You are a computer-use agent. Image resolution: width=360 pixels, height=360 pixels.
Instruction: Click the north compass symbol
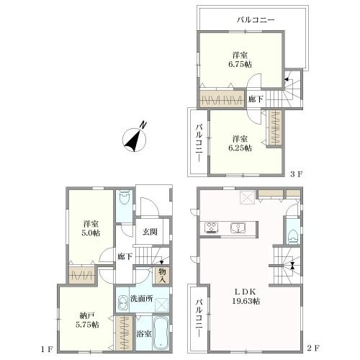[134, 140]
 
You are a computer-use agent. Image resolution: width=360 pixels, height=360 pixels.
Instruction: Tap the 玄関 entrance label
[150, 232]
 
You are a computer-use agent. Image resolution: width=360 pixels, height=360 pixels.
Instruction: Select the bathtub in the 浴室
[161, 333]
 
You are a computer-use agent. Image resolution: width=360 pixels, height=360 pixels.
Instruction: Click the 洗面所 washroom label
[142, 299]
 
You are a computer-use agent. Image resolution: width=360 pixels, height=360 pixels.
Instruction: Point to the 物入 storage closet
[162, 275]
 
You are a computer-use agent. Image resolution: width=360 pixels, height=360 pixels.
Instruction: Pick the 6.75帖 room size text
[240, 64]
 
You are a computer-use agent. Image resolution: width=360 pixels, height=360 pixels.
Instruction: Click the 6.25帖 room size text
[240, 148]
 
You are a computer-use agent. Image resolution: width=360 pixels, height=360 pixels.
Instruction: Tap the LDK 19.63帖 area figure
[246, 301]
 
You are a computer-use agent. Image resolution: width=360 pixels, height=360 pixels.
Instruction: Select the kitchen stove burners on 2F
[211, 228]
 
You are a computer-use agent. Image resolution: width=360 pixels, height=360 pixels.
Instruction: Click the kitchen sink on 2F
[238, 228]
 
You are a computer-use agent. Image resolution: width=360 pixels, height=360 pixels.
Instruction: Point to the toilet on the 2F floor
[293, 236]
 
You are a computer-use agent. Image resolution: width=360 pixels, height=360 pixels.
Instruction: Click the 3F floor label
[297, 174]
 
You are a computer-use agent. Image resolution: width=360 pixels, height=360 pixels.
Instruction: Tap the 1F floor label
[46, 349]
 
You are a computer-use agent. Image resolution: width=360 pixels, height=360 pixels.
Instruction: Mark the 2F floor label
[313, 348]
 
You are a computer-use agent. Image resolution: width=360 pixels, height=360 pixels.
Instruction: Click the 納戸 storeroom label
[87, 316]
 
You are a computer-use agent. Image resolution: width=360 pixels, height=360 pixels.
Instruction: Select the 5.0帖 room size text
[91, 233]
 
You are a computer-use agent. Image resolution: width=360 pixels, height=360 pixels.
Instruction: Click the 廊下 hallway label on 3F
[256, 99]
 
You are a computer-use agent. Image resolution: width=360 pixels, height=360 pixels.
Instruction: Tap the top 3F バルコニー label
[256, 19]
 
